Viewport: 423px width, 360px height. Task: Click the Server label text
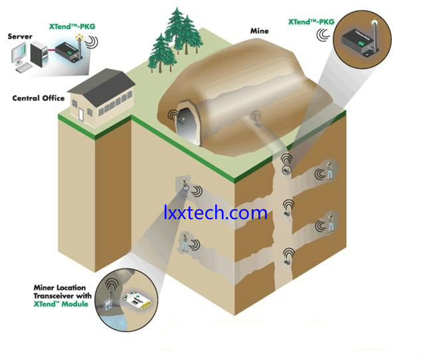[x=20, y=37]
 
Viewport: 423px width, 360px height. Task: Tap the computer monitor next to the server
[x=19, y=53]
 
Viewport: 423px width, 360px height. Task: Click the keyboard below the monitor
[x=25, y=68]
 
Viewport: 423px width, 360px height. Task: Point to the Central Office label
[x=39, y=98]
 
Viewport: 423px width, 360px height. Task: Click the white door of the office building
[x=80, y=114]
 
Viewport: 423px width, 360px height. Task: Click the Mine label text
[x=259, y=31]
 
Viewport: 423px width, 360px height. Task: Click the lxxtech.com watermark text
[x=216, y=213]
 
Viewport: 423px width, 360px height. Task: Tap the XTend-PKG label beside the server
[x=72, y=27]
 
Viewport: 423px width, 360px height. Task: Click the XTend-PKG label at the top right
[x=311, y=22]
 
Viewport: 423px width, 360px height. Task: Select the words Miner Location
[x=60, y=288]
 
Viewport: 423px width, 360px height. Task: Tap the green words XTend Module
[x=61, y=304]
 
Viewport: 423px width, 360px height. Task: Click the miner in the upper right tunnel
[x=329, y=171]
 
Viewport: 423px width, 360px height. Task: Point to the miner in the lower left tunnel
[x=185, y=242]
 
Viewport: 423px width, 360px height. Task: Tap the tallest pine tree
[x=177, y=31]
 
